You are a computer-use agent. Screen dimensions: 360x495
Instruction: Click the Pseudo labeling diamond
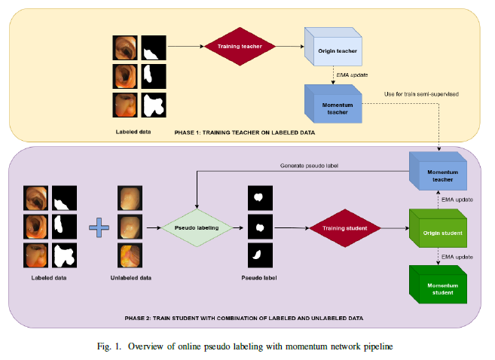196,226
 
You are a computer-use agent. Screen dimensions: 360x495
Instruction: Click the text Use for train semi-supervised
421,93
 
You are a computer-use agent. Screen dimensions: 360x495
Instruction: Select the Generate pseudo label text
310,165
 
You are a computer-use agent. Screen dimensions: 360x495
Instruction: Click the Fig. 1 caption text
248,346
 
